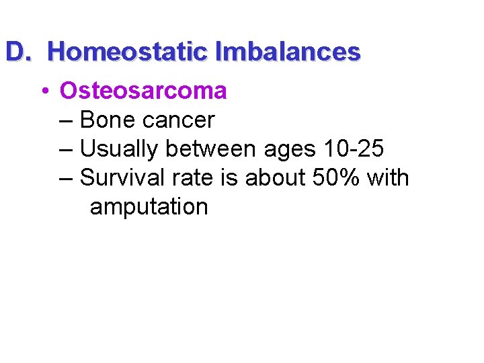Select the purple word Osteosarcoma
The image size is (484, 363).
(x=143, y=90)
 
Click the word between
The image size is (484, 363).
(x=212, y=149)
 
